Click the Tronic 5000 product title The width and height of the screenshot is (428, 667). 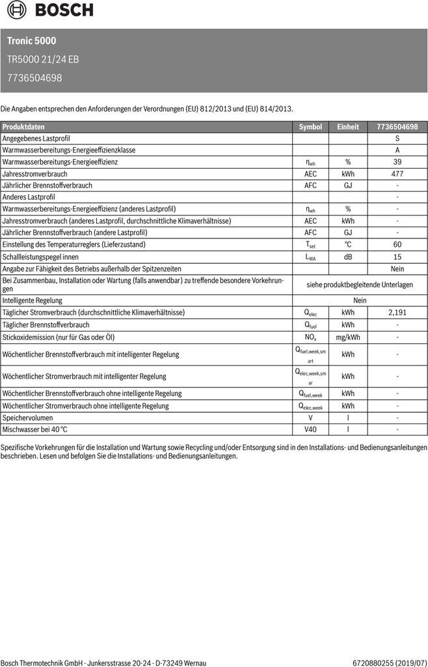pyautogui.click(x=32, y=40)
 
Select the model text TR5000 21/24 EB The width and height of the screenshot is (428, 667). pyautogui.click(x=43, y=59)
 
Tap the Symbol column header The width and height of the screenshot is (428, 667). pyautogui.click(x=310, y=127)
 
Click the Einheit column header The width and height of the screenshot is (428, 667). pyautogui.click(x=348, y=127)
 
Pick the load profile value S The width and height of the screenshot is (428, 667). pyautogui.click(x=397, y=139)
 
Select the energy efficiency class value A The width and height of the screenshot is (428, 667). pyautogui.click(x=397, y=150)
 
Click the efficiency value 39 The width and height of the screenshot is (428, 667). pyautogui.click(x=397, y=162)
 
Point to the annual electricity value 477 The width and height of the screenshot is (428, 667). pyautogui.click(x=397, y=174)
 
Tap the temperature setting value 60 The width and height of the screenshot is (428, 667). pyautogui.click(x=397, y=244)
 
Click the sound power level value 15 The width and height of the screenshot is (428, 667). pyautogui.click(x=397, y=257)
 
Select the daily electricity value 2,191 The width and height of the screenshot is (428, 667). pyautogui.click(x=397, y=313)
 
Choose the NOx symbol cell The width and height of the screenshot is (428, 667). pyautogui.click(x=310, y=337)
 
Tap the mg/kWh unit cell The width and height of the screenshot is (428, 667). pyautogui.click(x=348, y=337)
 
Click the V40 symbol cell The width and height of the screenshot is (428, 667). pyautogui.click(x=310, y=430)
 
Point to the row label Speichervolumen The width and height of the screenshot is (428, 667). pyautogui.click(x=28, y=418)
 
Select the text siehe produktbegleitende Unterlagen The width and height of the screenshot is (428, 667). pyautogui.click(x=360, y=285)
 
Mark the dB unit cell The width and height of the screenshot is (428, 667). pyautogui.click(x=348, y=257)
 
